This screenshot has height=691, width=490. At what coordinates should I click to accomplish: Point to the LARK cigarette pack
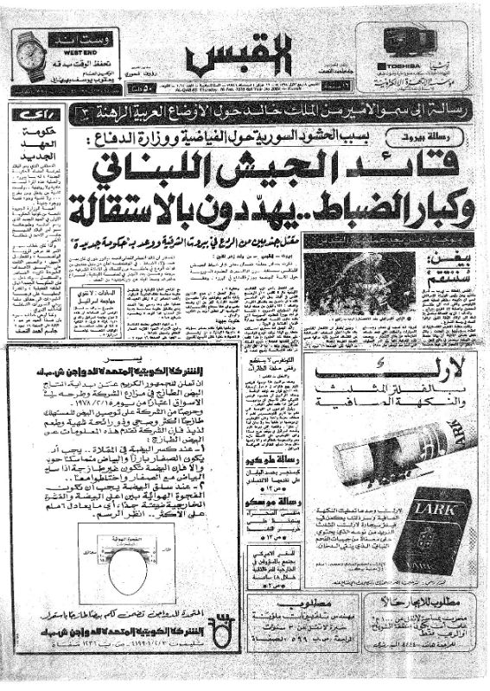[432, 526]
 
